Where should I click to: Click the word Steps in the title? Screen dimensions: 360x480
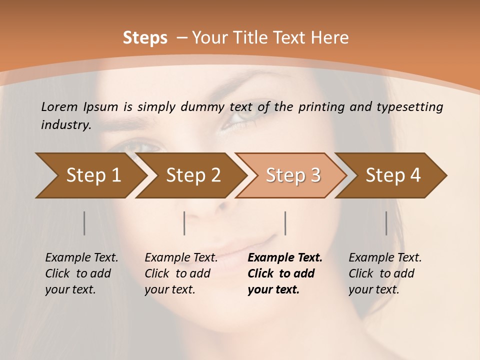pyautogui.click(x=145, y=38)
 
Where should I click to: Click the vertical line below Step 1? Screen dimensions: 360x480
pyautogui.click(x=84, y=223)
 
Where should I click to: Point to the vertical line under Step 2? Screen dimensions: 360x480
pyautogui.click(x=184, y=223)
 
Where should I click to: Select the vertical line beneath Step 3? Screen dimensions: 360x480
pyautogui.click(x=285, y=223)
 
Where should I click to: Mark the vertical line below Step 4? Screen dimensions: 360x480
pyautogui.click(x=386, y=223)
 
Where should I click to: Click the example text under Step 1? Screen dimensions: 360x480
pyautogui.click(x=81, y=273)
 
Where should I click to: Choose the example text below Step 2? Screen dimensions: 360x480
pyautogui.click(x=180, y=273)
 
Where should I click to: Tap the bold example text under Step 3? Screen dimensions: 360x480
pyautogui.click(x=284, y=273)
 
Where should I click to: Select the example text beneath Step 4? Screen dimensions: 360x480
pyautogui.click(x=384, y=273)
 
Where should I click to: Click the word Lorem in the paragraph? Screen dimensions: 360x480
pyautogui.click(x=59, y=107)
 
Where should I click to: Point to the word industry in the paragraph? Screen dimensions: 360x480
pyautogui.click(x=65, y=125)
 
